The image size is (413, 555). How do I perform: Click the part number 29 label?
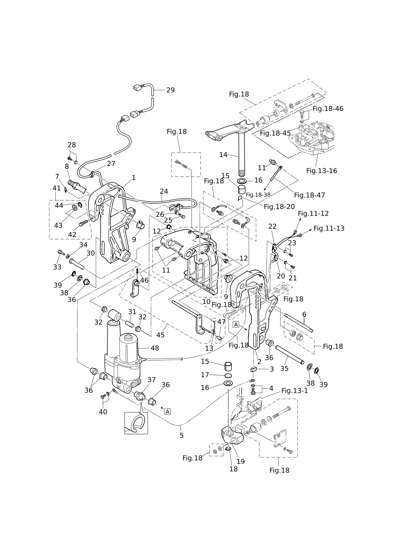(170, 90)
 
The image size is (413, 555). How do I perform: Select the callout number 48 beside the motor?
(155, 348)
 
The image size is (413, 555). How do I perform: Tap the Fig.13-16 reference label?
(322, 171)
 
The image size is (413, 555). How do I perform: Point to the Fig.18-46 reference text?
(328, 109)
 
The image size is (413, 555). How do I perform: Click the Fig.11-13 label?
(329, 228)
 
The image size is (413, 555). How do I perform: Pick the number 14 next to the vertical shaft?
(223, 155)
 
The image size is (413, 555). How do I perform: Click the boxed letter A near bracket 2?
(236, 325)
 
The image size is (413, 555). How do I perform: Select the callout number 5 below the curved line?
(182, 435)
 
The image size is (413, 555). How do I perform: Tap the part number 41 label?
(57, 188)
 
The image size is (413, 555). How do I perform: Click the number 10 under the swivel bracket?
(206, 301)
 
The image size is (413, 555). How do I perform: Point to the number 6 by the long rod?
(304, 314)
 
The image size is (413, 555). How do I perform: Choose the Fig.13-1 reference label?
(295, 391)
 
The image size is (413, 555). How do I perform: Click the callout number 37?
(152, 380)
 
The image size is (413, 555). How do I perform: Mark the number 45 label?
(161, 335)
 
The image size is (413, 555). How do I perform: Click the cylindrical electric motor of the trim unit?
(128, 348)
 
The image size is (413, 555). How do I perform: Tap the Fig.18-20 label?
(279, 207)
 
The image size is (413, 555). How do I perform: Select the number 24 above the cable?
(164, 191)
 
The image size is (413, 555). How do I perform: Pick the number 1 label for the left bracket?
(134, 178)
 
